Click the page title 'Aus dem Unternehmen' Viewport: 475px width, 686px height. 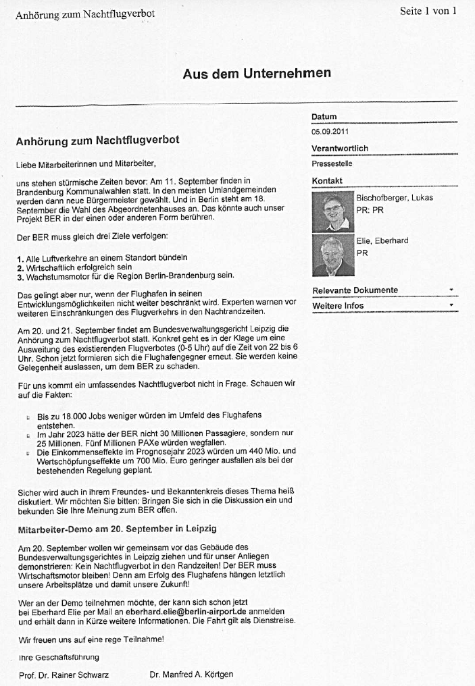[x=257, y=74]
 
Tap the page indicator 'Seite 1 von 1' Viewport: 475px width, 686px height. [x=428, y=11]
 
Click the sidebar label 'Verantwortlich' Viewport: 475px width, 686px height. [x=339, y=149]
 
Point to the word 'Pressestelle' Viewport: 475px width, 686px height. [x=332, y=163]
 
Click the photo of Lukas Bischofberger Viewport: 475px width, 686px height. [x=333, y=212]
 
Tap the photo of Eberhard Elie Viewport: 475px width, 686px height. [x=333, y=255]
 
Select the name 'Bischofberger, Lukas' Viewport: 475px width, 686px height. [x=395, y=198]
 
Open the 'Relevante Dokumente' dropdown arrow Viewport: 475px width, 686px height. [x=451, y=290]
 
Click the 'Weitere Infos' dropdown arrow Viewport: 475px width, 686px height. [x=451, y=306]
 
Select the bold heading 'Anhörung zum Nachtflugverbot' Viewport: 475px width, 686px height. [x=97, y=142]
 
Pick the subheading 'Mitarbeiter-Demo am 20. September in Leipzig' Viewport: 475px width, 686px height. [x=117, y=528]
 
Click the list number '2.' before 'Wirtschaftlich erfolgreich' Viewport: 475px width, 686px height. [x=20, y=267]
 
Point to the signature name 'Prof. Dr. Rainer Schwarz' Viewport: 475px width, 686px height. [x=64, y=675]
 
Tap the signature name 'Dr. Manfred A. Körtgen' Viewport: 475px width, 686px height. [x=191, y=675]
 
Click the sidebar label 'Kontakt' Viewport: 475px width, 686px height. [x=327, y=181]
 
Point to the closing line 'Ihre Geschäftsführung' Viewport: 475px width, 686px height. [x=59, y=657]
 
